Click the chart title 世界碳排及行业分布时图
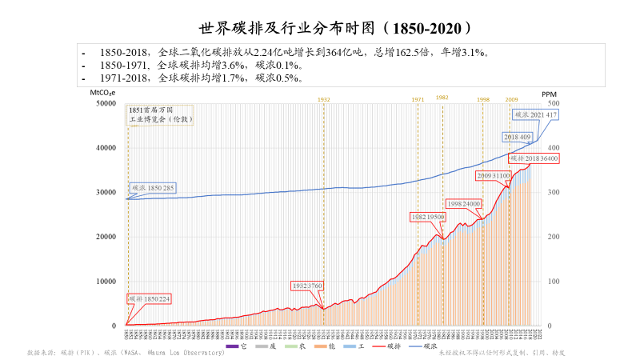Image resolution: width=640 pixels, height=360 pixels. pyautogui.click(x=319, y=29)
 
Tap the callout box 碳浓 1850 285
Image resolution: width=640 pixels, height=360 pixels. pyautogui.click(x=153, y=187)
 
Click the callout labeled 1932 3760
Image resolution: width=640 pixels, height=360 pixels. pyautogui.click(x=307, y=286)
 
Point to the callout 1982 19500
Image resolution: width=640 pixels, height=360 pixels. pyautogui.click(x=428, y=217)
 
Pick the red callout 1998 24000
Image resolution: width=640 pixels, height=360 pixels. pyautogui.click(x=463, y=204)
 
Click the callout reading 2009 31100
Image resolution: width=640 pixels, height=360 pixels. pyautogui.click(x=494, y=174)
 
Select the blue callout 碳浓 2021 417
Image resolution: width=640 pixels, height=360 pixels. pyautogui.click(x=534, y=114)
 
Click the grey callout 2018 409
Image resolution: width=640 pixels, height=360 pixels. pyautogui.click(x=518, y=137)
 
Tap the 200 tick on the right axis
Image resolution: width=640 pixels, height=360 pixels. pyautogui.click(x=553, y=237)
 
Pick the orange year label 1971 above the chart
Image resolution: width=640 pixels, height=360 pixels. pyautogui.click(x=418, y=99)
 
